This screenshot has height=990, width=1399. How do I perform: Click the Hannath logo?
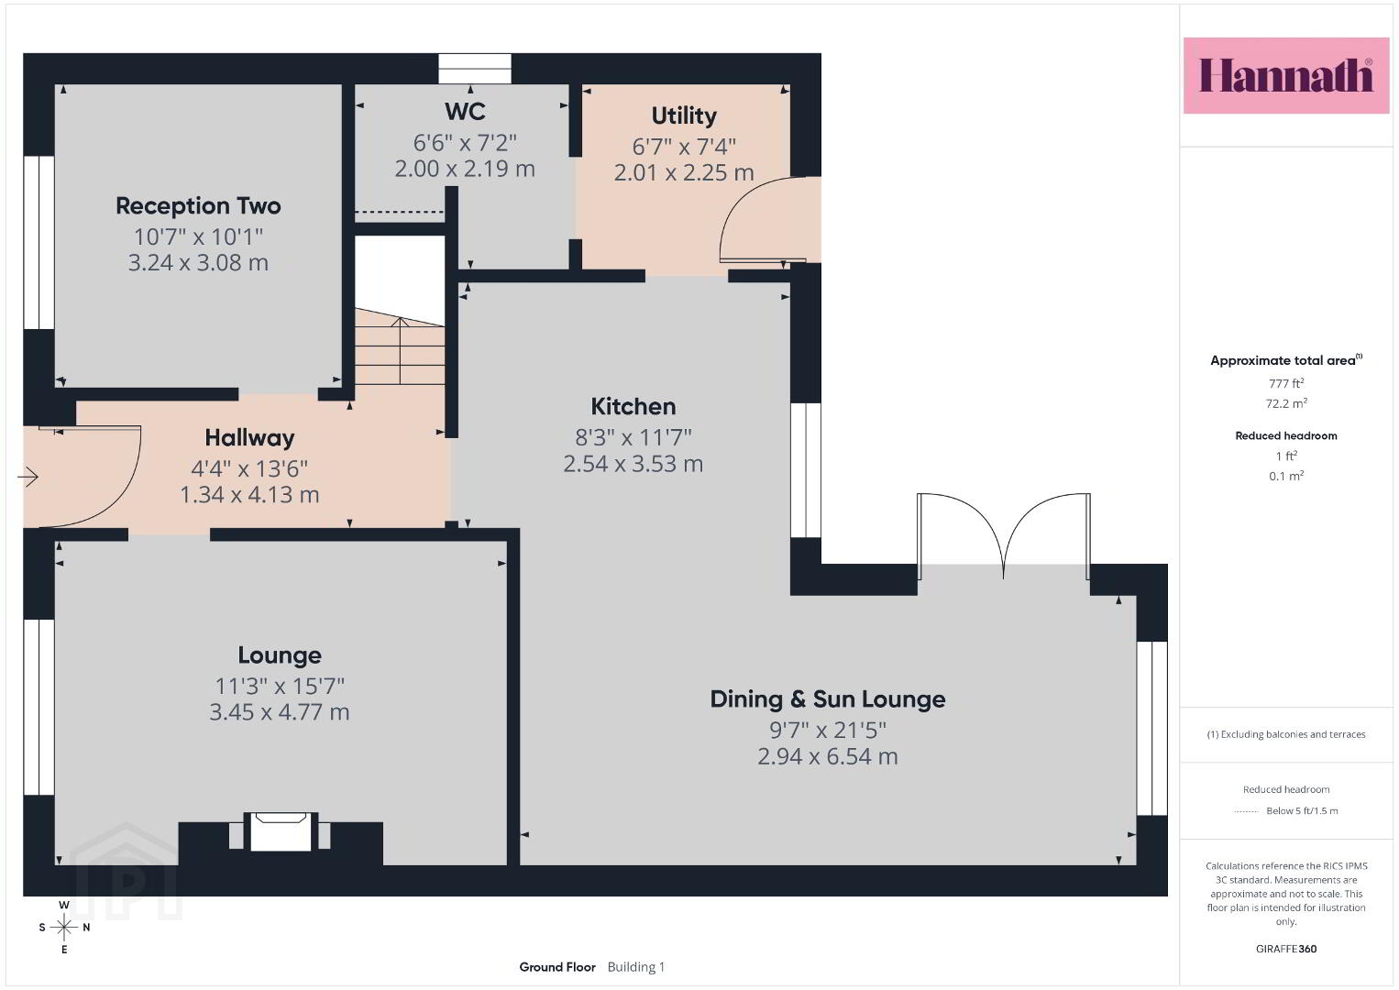click(x=1286, y=75)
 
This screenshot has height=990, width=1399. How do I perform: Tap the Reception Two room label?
click(x=198, y=205)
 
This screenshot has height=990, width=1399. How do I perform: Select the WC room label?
click(x=465, y=111)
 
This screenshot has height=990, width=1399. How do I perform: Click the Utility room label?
click(x=684, y=115)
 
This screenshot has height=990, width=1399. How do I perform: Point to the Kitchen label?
click(x=633, y=407)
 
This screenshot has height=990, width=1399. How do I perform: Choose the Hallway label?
click(x=249, y=438)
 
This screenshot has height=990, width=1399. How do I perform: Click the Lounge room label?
click(x=280, y=655)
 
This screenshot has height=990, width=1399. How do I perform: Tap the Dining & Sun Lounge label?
click(x=828, y=698)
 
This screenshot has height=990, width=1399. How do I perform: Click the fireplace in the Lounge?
click(x=281, y=832)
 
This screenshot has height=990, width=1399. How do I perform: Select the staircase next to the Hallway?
click(x=400, y=346)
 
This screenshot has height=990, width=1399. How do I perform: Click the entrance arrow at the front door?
click(x=28, y=478)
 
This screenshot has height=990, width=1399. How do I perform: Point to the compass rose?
click(x=63, y=927)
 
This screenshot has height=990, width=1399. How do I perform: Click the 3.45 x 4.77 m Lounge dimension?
click(x=280, y=712)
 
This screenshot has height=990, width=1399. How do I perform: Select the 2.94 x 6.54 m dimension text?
click(x=828, y=756)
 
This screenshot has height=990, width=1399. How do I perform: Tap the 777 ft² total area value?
click(x=1286, y=383)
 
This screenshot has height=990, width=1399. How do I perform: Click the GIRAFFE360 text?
click(x=1286, y=949)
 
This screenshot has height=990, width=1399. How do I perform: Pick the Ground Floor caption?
click(x=557, y=967)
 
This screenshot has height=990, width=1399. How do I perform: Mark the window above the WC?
click(x=475, y=69)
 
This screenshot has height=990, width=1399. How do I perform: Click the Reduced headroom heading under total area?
click(x=1286, y=436)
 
